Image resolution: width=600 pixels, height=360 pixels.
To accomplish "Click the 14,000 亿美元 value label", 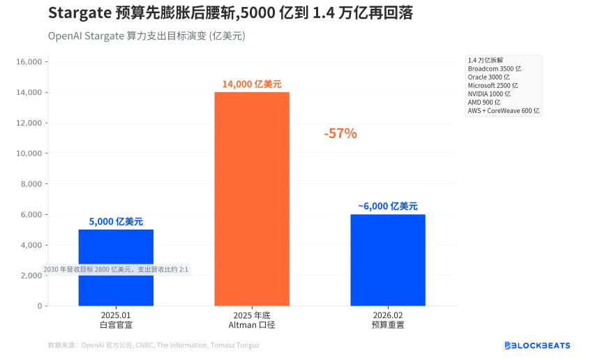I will coord(251,84).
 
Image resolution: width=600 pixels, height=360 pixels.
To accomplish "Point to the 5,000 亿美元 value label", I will coord(116,221).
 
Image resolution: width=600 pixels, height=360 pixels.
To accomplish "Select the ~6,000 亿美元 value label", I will coord(387,206).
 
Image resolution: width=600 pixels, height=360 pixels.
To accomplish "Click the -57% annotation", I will coord(340,133).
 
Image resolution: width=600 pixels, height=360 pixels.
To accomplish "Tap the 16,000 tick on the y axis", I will coord(29,62).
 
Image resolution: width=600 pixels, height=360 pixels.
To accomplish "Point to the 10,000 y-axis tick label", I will coord(29,153).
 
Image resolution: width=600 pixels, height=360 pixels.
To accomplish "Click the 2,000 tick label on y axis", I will coord(31,276).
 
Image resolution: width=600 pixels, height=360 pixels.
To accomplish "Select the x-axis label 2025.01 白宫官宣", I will coord(116,320).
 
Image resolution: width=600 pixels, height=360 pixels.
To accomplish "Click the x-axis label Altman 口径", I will coord(251,324).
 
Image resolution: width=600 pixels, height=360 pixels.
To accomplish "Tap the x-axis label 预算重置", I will coord(387,324).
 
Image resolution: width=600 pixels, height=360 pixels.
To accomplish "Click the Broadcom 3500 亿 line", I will coord(495,69).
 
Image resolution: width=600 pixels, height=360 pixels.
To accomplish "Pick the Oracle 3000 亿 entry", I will coord(488,77).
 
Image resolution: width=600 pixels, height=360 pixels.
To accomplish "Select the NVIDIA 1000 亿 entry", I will coord(489,93).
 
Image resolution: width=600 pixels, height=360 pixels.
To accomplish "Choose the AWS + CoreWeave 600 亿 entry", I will coord(504,110).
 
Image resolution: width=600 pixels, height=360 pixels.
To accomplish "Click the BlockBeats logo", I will coord(537,345).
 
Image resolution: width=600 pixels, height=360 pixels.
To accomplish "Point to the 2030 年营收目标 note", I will coord(116,269).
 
